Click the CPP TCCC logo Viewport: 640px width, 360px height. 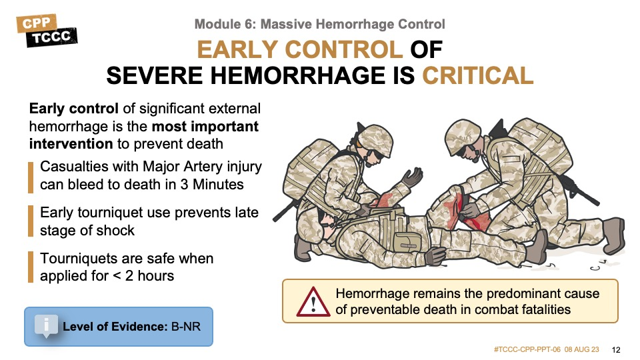click(47, 31)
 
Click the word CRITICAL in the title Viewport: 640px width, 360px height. click(477, 75)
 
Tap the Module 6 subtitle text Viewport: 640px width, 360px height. click(319, 24)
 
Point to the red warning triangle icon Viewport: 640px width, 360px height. click(313, 303)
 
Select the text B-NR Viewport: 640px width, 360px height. click(186, 327)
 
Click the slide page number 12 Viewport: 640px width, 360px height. click(616, 350)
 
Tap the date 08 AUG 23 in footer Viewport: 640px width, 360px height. click(581, 349)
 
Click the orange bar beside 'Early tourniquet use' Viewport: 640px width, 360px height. click(31, 221)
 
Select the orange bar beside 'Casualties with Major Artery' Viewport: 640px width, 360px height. click(31, 177)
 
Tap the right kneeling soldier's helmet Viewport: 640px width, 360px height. click(463, 136)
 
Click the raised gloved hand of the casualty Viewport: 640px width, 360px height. click(411, 177)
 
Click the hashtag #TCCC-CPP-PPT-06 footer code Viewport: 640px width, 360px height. click(527, 349)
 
